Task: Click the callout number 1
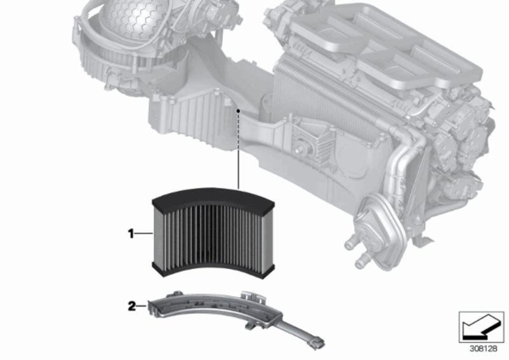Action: click(130, 233)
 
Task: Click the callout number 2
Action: click(132, 306)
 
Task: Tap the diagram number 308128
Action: click(484, 349)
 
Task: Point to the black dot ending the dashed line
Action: click(238, 111)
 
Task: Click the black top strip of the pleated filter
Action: click(213, 197)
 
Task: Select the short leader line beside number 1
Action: click(143, 233)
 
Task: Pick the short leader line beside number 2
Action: click(141, 306)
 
